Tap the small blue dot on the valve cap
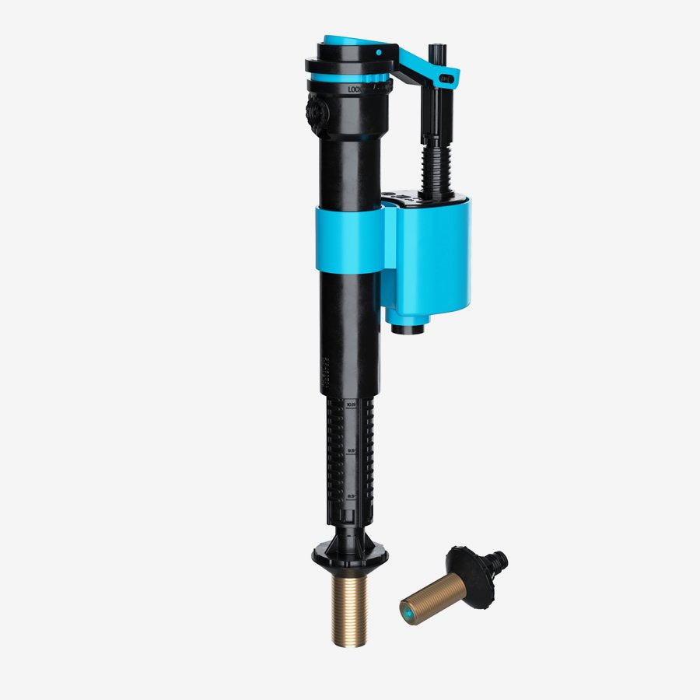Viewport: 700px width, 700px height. tap(379, 53)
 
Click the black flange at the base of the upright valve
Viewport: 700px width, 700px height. tap(350, 555)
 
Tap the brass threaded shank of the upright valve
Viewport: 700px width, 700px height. tap(351, 610)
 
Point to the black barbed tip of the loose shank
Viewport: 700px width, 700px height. tap(497, 558)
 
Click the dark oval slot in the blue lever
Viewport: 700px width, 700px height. tap(446, 78)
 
